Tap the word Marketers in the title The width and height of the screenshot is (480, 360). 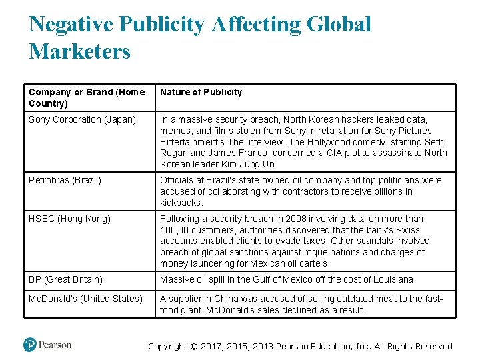80,51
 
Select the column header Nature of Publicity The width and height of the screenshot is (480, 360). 201,92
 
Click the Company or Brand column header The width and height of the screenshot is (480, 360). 86,97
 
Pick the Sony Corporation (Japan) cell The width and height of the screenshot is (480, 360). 82,119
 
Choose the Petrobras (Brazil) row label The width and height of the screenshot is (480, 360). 65,180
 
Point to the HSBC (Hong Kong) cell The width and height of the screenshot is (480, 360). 69,219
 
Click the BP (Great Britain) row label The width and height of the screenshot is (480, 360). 65,279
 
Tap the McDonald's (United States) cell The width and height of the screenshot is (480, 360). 85,299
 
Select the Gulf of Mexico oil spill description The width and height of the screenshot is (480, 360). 287,279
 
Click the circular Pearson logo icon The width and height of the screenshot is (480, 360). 29,345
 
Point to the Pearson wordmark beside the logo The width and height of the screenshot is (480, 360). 55,345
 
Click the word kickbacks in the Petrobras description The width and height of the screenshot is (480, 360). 181,203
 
